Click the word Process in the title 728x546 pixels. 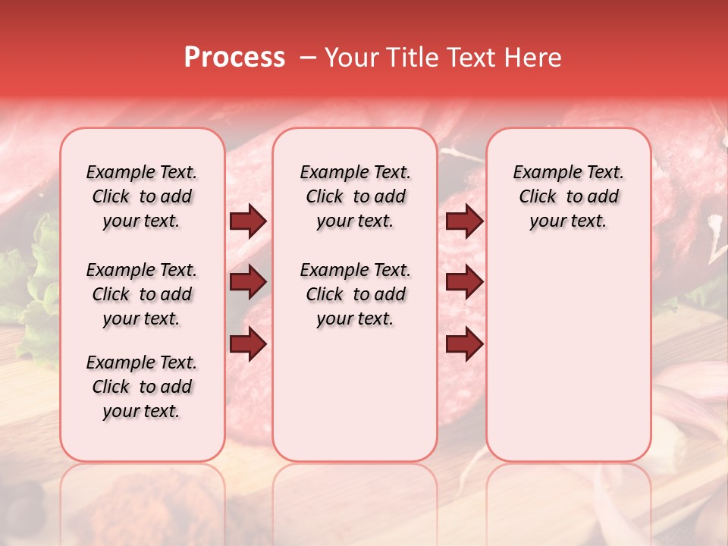click(234, 58)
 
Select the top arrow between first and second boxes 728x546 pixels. click(248, 221)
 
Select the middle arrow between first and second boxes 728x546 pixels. click(248, 283)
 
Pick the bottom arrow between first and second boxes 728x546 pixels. click(248, 344)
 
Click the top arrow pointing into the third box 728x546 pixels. click(464, 221)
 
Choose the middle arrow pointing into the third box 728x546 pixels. click(464, 283)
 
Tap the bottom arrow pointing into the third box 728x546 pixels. click(464, 344)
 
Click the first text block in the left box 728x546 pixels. click(142, 196)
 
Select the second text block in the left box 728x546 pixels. click(142, 294)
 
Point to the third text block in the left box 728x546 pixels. click(142, 387)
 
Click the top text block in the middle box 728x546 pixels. click(355, 196)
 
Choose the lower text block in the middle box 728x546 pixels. click(355, 294)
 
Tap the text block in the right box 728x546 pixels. click(568, 196)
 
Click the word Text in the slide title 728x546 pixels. click(472, 58)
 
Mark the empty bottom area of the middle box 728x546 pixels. click(355, 402)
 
